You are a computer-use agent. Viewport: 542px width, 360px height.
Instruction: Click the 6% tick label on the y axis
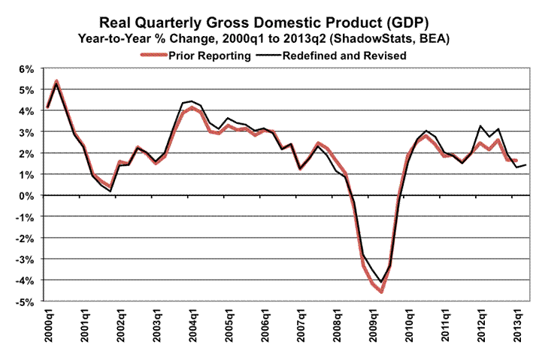27,69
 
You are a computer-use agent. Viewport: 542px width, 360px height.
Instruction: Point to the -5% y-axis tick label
25,302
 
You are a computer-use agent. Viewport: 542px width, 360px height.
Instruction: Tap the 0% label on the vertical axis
27,196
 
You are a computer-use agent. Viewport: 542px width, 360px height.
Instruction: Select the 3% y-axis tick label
27,132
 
